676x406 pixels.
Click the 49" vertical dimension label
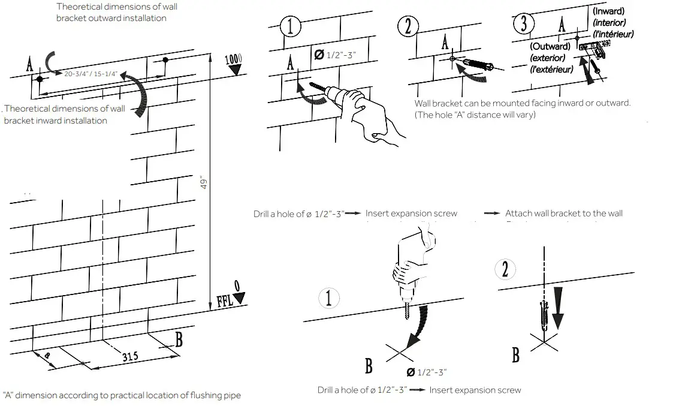tap(203, 182)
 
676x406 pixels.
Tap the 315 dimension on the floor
tap(131, 356)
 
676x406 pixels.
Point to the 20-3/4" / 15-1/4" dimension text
tap(90, 73)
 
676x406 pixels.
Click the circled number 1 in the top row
tap(291, 28)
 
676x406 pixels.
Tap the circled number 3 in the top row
tap(524, 25)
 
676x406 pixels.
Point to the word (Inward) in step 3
tap(608, 11)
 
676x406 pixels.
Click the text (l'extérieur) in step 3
tap(551, 69)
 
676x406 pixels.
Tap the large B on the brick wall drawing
tap(179, 339)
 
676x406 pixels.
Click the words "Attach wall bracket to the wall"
tap(563, 213)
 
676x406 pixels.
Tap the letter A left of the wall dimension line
tap(29, 65)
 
